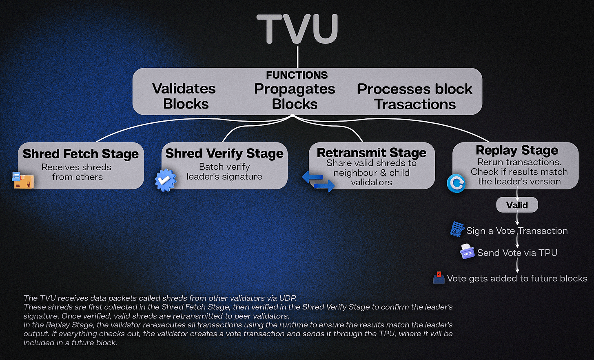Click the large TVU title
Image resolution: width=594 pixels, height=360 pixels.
(x=297, y=29)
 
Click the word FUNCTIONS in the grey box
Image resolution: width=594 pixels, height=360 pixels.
(x=297, y=75)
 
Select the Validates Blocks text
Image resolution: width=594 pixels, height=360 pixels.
(x=184, y=96)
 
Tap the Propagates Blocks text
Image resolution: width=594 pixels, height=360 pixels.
(x=295, y=97)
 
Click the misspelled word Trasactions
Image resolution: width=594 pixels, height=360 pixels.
(x=415, y=104)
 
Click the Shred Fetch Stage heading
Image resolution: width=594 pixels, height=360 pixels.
(x=81, y=154)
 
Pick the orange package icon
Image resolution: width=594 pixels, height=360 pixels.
(x=23, y=180)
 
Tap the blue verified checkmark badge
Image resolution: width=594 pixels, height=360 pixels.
(x=166, y=180)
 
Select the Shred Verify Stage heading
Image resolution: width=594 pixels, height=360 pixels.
(x=224, y=153)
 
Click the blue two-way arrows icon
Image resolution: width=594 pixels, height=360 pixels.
(x=318, y=182)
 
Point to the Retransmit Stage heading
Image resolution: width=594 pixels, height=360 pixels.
(x=372, y=153)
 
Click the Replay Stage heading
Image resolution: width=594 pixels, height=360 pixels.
(x=517, y=150)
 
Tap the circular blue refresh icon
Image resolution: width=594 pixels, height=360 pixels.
(x=456, y=183)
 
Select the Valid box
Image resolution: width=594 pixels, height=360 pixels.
(x=517, y=205)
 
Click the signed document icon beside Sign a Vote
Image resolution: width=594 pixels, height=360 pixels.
(x=457, y=229)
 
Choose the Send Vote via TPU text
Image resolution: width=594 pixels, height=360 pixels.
(x=517, y=253)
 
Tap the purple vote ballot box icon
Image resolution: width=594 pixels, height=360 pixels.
(x=467, y=251)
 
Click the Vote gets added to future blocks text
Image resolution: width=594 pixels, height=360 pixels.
(x=517, y=278)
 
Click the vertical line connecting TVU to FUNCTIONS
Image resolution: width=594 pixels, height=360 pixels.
(x=298, y=57)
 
